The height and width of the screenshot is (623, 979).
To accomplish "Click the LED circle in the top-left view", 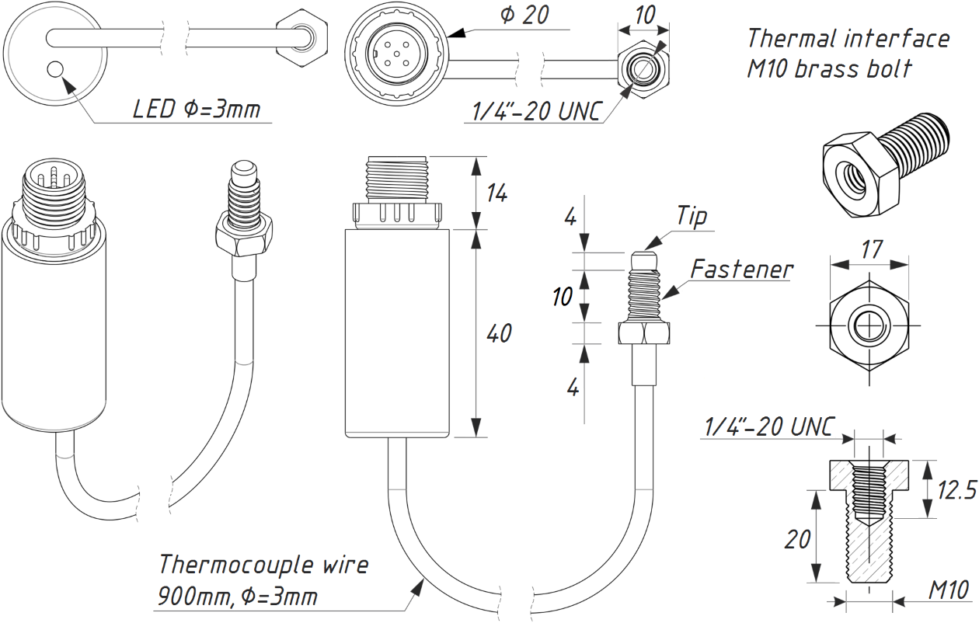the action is [x=55, y=69].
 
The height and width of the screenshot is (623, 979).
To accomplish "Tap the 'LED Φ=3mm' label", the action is [x=197, y=109].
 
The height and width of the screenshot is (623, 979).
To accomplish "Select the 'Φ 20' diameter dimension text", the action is [x=524, y=15].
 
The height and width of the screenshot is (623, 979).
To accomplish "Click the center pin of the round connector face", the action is [x=397, y=54].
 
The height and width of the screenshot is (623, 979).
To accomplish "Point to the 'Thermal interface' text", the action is [x=848, y=38].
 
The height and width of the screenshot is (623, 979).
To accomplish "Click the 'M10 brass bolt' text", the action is [x=829, y=69].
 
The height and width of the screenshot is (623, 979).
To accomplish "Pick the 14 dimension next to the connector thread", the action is [x=497, y=193].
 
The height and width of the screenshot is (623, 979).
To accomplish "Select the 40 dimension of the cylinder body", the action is [x=499, y=333].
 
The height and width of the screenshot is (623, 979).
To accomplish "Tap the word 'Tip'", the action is [x=692, y=216].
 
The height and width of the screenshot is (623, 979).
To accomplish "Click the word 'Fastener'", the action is [x=742, y=269].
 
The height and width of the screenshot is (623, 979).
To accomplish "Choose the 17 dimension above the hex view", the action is [x=872, y=250].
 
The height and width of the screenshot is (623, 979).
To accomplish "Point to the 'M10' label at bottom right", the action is [x=949, y=591].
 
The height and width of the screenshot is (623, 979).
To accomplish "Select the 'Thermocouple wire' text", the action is [x=263, y=565].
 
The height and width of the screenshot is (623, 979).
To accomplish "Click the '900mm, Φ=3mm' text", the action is [x=237, y=596].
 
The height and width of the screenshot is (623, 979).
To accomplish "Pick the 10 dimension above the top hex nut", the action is [x=645, y=15].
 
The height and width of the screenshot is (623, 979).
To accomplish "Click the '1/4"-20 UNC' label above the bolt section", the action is [x=769, y=426].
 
